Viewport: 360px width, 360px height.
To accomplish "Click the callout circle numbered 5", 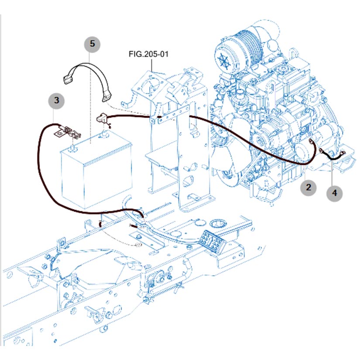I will coord(92,44).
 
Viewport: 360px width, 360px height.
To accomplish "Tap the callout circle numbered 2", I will coord(309,188).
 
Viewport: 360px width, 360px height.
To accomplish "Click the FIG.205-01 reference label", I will coord(148,55).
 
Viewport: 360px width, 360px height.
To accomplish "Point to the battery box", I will coord(96,170).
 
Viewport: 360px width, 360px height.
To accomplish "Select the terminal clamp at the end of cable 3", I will coord(65,131).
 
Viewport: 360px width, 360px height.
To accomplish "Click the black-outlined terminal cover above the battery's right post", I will coord(102,118).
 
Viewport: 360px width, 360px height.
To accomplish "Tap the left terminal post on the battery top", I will coord(72,148).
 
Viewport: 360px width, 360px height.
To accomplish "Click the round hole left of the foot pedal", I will coord(217,223).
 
